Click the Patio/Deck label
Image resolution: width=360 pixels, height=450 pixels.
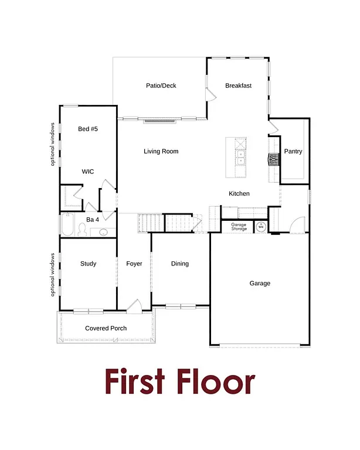[161, 86]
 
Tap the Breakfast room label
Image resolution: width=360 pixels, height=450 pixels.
[238, 86]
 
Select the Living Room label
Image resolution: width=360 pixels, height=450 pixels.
[161, 151]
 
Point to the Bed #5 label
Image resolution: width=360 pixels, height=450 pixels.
[87, 128]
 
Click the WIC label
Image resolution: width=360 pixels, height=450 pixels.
[88, 171]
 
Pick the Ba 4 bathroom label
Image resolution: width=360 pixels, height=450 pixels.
[92, 219]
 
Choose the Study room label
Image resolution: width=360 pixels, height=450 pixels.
[88, 264]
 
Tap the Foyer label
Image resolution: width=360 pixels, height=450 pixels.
[134, 264]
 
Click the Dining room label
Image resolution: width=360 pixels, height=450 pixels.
[180, 264]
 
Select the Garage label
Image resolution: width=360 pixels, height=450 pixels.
[260, 283]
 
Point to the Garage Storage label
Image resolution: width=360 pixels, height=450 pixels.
[239, 226]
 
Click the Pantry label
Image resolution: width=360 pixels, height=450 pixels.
[293, 151]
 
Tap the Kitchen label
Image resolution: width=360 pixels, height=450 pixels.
[239, 193]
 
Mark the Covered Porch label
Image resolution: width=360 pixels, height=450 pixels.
[106, 328]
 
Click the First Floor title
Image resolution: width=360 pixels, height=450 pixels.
[179, 381]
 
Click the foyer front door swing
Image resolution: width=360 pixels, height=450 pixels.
[134, 305]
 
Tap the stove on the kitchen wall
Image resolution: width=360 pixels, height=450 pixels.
[273, 159]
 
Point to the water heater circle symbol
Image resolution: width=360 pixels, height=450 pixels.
[260, 226]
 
